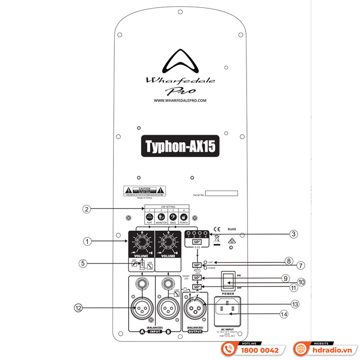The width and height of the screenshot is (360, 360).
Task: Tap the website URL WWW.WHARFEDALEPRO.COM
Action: pyautogui.click(x=180, y=101)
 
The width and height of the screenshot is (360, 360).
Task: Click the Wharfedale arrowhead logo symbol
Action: pyautogui.click(x=180, y=62)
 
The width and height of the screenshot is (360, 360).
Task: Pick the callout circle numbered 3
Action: pyautogui.click(x=293, y=234)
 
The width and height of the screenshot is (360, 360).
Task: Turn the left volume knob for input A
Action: pyautogui.click(x=141, y=243)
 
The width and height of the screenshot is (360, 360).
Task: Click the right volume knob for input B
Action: pyautogui.click(x=167, y=243)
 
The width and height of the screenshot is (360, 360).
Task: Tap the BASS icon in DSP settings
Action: pyautogui.click(x=173, y=216)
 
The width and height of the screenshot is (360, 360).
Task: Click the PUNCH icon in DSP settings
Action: pyautogui.click(x=183, y=216)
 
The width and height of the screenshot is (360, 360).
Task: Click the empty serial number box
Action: pyautogui.click(x=222, y=193)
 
